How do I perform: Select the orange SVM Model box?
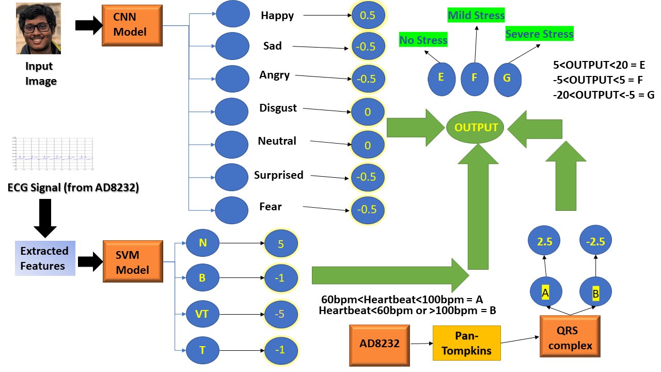pos(132,263)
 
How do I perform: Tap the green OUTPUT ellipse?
pos(476,127)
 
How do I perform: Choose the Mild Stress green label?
pos(476,15)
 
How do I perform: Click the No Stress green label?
pos(423,40)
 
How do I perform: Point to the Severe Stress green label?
pos(539,34)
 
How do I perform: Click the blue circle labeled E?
pos(441,78)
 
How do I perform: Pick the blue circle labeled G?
pos(507,78)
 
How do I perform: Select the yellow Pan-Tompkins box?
pos(467,343)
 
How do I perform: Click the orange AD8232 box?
pos(379,343)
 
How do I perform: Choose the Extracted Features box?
pos(45,258)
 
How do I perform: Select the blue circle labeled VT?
pos(202,314)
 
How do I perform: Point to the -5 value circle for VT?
pos(281,314)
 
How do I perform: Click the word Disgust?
pos(278,108)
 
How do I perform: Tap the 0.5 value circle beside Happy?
pos(368,16)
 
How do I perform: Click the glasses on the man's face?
pos(37,26)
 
